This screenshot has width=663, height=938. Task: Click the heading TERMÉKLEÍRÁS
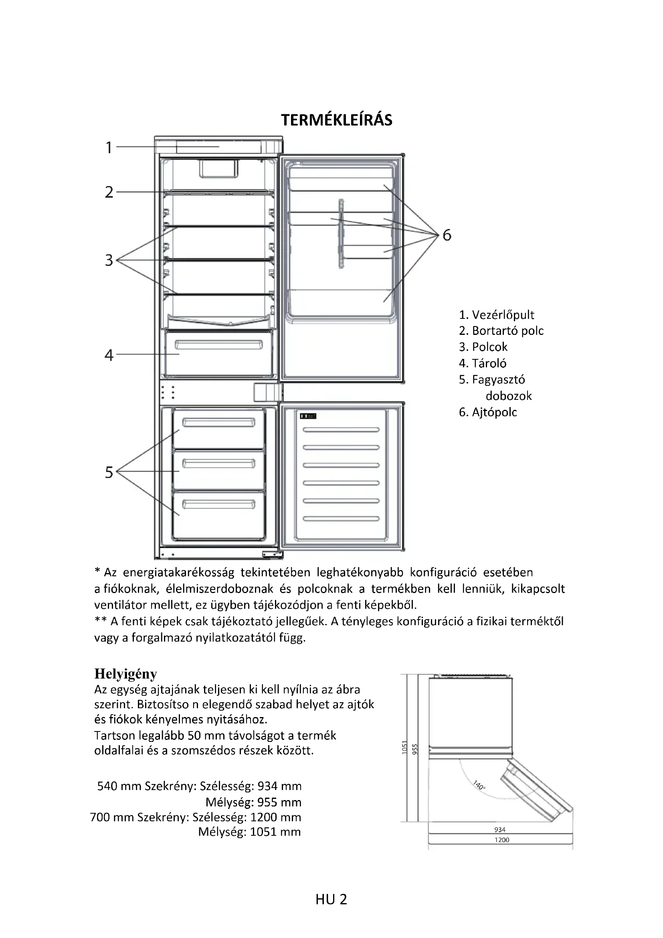336,120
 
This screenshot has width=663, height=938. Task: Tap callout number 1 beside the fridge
109,148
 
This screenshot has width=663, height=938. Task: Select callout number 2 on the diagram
109,192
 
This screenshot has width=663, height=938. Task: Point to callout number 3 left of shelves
109,260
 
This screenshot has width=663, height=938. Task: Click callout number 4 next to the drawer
109,355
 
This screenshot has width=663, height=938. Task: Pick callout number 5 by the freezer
109,472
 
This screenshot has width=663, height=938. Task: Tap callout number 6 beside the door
447,235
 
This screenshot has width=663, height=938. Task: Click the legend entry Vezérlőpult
496,315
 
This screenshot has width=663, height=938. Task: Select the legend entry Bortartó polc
501,331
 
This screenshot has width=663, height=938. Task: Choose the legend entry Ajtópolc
488,412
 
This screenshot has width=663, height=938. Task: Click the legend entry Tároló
483,363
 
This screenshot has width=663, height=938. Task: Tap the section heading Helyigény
125,674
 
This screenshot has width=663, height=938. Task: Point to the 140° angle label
479,785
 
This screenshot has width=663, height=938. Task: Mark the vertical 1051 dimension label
405,747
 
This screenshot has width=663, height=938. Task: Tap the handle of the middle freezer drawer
218,464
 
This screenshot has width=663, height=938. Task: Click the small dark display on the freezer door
308,416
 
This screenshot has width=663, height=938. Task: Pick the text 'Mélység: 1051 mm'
249,832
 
